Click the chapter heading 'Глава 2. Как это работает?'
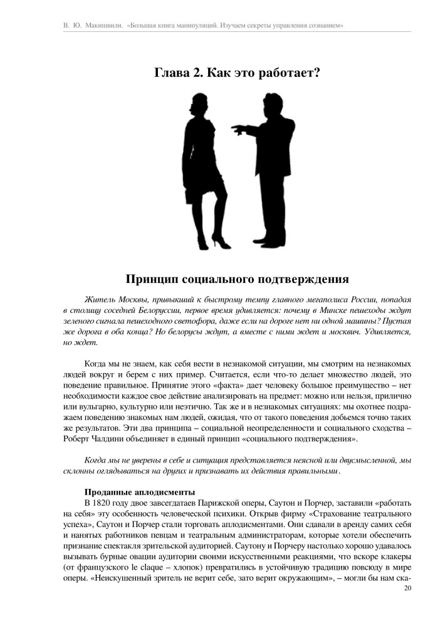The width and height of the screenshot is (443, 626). click(x=237, y=73)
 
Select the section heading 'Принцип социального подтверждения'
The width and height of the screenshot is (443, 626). click(x=237, y=278)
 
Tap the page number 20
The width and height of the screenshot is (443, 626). click(x=408, y=588)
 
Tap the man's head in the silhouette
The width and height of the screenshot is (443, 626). click(x=273, y=103)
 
